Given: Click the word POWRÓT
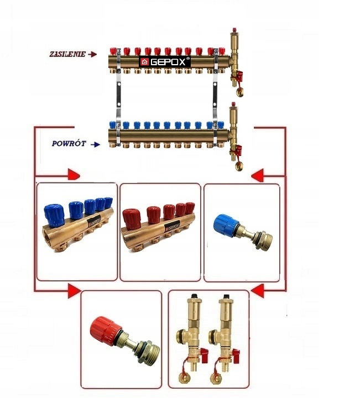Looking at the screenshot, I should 69,143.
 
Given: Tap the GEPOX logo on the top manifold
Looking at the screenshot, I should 165,61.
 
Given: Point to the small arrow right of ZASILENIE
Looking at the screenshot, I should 92,54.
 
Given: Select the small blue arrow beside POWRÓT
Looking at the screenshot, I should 96,145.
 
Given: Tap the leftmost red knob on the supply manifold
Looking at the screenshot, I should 117,51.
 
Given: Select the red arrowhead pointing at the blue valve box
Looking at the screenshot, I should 256,176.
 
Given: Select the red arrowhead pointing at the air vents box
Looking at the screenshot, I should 256,290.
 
